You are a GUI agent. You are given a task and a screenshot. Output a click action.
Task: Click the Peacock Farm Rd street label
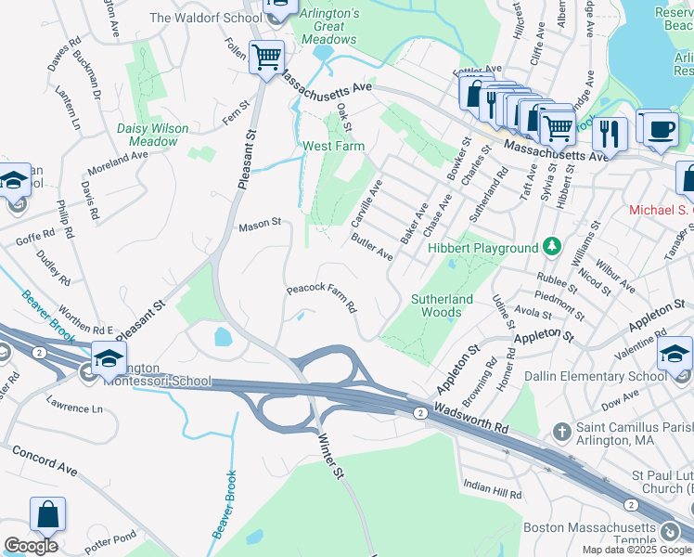pyautogui.click(x=321, y=298)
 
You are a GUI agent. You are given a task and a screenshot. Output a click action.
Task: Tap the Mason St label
pyautogui.click(x=260, y=225)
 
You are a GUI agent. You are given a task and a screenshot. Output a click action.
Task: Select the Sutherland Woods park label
pyautogui.click(x=443, y=305)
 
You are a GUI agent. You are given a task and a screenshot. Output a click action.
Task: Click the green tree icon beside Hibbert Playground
pyautogui.click(x=552, y=247)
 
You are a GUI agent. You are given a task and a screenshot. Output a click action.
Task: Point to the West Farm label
pyautogui.click(x=333, y=147)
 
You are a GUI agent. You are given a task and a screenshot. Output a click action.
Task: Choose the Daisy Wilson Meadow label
pyautogui.click(x=153, y=135)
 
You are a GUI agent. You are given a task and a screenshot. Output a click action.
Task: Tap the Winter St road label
pyautogui.click(x=332, y=458)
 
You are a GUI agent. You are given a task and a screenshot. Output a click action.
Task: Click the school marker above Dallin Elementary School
pyautogui.click(x=675, y=355)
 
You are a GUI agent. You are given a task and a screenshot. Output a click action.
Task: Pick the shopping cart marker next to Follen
pyautogui.click(x=266, y=58)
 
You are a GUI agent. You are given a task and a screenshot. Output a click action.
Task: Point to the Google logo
pyautogui.click(x=31, y=546)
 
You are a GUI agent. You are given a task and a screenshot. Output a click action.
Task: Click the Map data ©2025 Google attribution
pyautogui.click(x=636, y=550)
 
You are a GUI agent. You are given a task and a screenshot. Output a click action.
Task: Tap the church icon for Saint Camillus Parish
pyautogui.click(x=560, y=431)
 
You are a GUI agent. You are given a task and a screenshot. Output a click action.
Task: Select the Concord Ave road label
pyautogui.click(x=45, y=460)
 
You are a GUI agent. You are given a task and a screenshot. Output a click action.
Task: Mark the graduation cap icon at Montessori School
pyautogui.click(x=109, y=357)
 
